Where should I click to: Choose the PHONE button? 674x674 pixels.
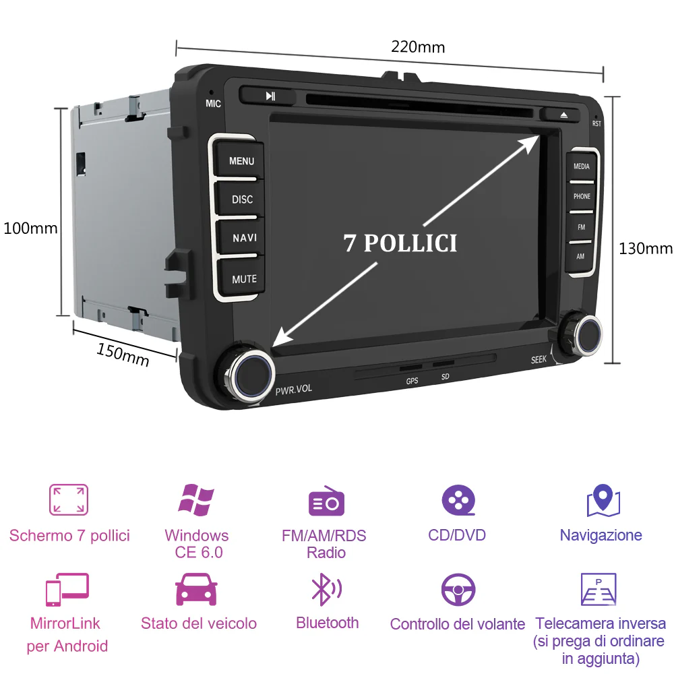click(x=582, y=196)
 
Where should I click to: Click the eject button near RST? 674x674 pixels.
click(x=561, y=115)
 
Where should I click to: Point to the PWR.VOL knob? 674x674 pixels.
click(x=248, y=372)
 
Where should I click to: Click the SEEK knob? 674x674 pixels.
click(x=582, y=334)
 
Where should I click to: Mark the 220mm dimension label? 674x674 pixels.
click(x=418, y=47)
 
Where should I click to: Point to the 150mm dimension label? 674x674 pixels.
click(x=123, y=355)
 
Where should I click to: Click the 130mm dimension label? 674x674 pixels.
click(x=645, y=249)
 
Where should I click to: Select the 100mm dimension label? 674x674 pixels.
click(x=30, y=228)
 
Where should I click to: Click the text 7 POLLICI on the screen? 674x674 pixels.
click(x=400, y=243)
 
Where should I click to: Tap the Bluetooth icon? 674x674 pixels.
click(x=326, y=589)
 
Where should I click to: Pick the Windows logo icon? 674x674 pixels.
click(x=196, y=499)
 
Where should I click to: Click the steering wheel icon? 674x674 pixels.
click(x=458, y=589)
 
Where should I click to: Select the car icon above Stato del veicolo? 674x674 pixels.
click(x=196, y=589)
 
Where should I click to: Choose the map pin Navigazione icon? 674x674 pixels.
click(x=603, y=500)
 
